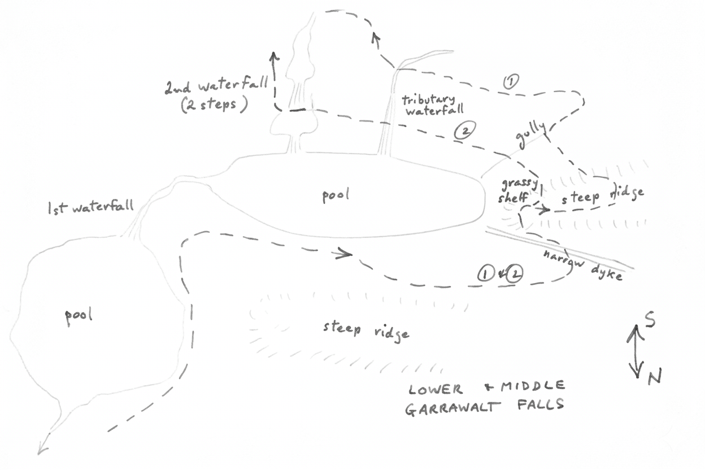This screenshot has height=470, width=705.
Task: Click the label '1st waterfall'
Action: point(91,207)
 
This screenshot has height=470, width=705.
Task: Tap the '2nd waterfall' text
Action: point(216,84)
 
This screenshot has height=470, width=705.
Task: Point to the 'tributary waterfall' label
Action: point(434,105)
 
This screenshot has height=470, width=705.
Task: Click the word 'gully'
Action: point(531,136)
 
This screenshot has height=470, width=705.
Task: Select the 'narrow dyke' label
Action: point(583,266)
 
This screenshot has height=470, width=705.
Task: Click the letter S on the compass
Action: point(649,320)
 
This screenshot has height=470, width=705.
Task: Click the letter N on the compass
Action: point(654,376)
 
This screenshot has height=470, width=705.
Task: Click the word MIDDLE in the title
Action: point(533,386)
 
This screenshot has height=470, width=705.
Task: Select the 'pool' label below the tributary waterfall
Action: point(336,195)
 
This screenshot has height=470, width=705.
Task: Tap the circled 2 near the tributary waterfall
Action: point(464,131)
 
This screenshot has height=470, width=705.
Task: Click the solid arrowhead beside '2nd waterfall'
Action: point(274,56)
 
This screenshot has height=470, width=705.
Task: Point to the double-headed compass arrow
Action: point(636,351)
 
